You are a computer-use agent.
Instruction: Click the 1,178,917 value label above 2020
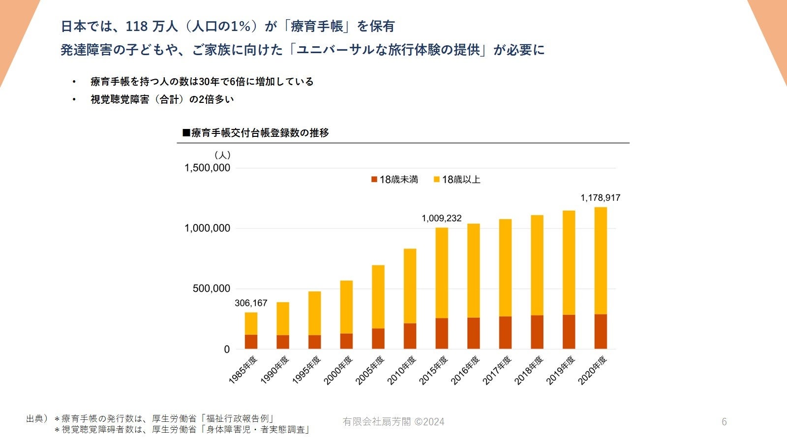click(x=600, y=198)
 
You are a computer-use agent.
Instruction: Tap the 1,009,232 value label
click(x=442, y=218)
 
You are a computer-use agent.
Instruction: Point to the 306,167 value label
click(x=251, y=303)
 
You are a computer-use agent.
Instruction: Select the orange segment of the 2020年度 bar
click(x=601, y=331)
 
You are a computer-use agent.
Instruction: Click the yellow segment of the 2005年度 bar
click(x=378, y=297)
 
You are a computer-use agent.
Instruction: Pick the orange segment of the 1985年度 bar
click(x=251, y=342)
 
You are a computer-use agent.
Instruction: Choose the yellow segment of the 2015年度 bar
click(x=442, y=273)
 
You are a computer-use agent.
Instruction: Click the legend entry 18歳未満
click(x=394, y=180)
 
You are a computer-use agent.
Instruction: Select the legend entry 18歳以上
click(x=457, y=180)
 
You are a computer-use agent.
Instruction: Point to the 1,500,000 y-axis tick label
click(x=207, y=168)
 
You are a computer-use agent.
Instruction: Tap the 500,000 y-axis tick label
click(x=211, y=288)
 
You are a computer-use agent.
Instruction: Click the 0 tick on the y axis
click(x=227, y=349)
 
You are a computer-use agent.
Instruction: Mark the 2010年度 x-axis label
click(x=402, y=370)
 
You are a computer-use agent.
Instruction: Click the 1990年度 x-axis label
click(x=275, y=370)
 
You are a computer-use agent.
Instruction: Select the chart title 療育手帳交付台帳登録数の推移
click(x=256, y=133)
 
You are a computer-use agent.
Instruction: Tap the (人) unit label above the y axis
click(x=222, y=155)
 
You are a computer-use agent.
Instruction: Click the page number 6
click(x=724, y=422)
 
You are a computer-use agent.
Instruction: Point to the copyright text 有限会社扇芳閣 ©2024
click(x=393, y=422)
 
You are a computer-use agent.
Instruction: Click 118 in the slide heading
click(x=137, y=27)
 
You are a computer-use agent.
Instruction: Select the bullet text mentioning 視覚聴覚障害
click(x=162, y=99)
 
